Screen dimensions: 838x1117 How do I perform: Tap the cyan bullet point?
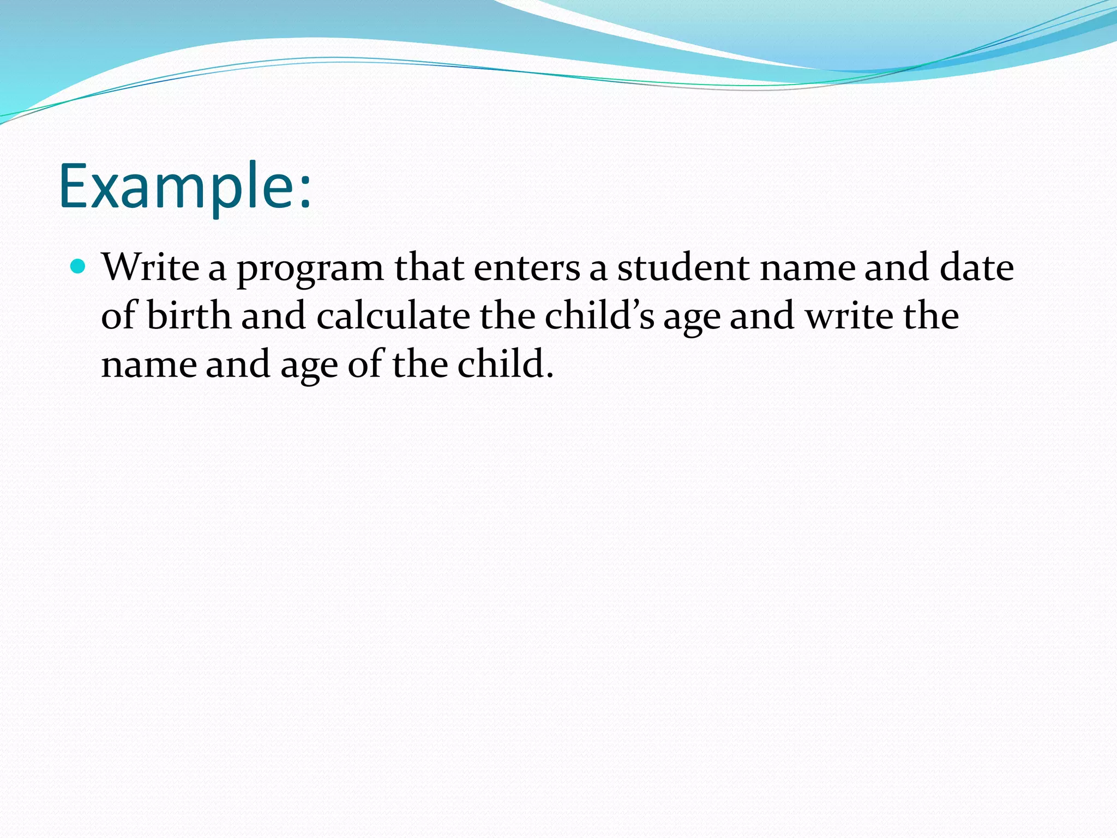[x=79, y=267]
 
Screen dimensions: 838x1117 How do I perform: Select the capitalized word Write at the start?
[x=151, y=267]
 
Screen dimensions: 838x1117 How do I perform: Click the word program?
[x=310, y=270]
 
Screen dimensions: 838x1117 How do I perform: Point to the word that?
[x=429, y=267]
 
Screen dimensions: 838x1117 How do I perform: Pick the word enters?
[x=527, y=268]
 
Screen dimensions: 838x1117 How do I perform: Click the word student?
[x=683, y=267]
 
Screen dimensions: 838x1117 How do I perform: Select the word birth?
[x=189, y=316]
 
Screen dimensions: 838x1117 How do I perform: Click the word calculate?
[x=393, y=316]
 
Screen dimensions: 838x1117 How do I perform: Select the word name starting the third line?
[x=148, y=365]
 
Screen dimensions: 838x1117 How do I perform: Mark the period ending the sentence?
[x=549, y=376]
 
